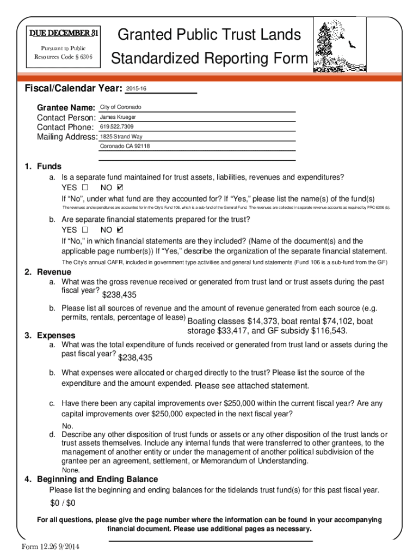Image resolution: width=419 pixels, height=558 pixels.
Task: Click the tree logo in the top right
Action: pos(337,44)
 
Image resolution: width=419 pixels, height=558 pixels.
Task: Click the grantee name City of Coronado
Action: pos(120,107)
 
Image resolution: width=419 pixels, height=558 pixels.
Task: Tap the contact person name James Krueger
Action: pos(118,117)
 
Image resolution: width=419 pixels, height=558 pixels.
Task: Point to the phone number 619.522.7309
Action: pos(116,127)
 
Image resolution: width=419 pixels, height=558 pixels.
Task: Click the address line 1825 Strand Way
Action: pos(121,137)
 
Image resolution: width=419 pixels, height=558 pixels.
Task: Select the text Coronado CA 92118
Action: pos(125,147)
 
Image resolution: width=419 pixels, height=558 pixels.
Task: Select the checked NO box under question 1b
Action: pos(120,230)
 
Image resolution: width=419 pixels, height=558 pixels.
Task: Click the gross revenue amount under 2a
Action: pos(119,295)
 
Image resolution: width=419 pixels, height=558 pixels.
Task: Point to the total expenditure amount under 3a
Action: pos(135,357)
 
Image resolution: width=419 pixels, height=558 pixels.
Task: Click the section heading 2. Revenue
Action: pos(48,272)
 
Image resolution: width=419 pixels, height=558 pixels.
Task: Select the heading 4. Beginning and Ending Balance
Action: pos(91,479)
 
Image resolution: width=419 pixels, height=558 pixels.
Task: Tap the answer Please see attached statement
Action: pos(251,386)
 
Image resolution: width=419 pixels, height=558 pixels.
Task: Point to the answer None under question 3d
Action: pos(71,470)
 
